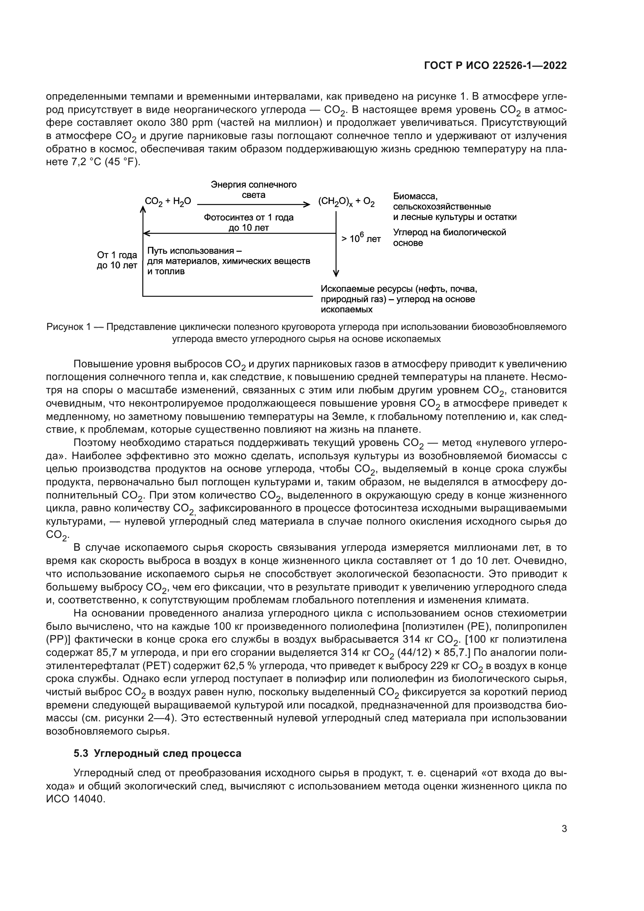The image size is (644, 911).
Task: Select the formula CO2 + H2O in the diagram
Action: click(x=168, y=202)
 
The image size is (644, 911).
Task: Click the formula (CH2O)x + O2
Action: click(x=346, y=202)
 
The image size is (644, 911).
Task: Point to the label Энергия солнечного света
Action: click(x=253, y=190)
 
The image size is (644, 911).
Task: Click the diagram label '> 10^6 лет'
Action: click(x=361, y=238)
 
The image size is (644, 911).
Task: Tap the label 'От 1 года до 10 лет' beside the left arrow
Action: click(x=117, y=260)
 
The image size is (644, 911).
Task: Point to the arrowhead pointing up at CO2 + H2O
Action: click(x=143, y=208)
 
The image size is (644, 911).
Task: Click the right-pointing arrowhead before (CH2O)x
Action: click(x=307, y=204)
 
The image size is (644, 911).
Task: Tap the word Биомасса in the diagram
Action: click(x=415, y=196)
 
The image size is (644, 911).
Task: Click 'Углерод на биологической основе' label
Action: click(x=449, y=237)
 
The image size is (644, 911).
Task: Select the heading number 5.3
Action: click(x=81, y=753)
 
